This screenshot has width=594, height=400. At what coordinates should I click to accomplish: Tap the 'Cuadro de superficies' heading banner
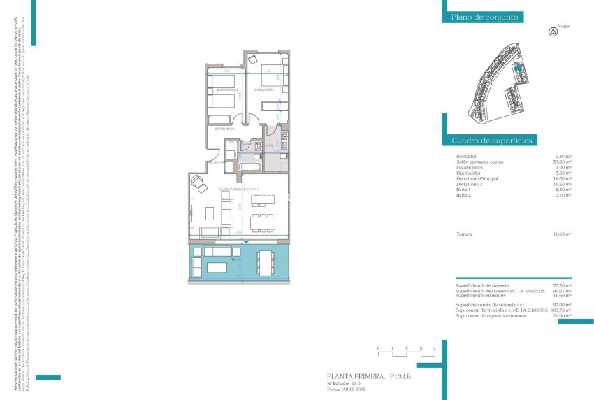point(492,140)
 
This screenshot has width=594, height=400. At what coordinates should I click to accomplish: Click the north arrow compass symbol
point(553,31)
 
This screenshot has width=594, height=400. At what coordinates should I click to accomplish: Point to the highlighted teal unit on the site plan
point(519,69)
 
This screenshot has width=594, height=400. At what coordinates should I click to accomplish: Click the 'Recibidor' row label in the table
point(466,156)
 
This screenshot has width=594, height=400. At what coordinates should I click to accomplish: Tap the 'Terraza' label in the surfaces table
point(464,234)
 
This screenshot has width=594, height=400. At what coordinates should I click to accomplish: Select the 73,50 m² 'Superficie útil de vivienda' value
point(563,285)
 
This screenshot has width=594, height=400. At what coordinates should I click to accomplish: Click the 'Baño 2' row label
point(463,195)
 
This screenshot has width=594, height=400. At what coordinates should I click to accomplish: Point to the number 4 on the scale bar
point(435,348)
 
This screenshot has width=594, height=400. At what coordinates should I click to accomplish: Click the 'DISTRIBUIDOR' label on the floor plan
point(224,129)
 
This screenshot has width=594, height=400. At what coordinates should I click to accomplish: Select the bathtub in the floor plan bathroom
point(250,169)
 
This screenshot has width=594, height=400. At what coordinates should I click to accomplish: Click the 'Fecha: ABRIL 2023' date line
point(347,389)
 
